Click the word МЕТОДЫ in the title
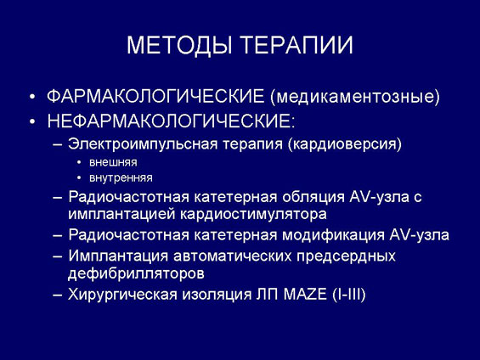point(179,46)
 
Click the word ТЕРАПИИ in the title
point(297,45)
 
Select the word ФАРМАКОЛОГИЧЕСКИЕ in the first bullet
point(155,96)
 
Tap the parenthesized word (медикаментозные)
point(355,97)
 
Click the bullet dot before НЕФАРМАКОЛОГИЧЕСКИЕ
point(32,121)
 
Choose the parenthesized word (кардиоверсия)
point(345,143)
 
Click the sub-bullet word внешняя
point(113,162)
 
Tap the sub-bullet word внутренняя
point(121,177)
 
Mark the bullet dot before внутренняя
point(80,177)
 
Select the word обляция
point(313,197)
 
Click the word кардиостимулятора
point(253,214)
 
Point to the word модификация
point(333,235)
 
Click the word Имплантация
point(118,256)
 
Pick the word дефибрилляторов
point(136,273)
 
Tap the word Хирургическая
point(122,295)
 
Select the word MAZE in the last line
point(305,295)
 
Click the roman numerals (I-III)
point(348,295)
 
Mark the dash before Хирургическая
point(57,295)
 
